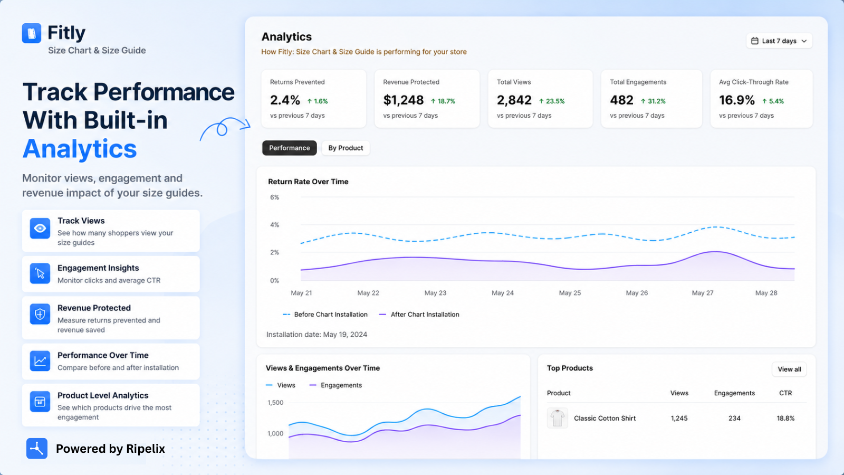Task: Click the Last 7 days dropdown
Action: (779, 41)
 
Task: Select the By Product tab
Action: (346, 148)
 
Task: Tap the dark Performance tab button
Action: (290, 148)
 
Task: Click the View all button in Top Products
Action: (789, 369)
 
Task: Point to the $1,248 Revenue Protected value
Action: (403, 100)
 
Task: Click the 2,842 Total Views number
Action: (514, 100)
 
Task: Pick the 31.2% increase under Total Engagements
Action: (654, 101)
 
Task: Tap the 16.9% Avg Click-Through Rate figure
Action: (736, 100)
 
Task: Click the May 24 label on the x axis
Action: (502, 293)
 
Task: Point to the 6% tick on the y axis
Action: (274, 197)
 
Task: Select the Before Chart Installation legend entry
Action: (325, 315)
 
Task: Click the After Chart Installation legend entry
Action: (419, 315)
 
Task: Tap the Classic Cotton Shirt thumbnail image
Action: (557, 417)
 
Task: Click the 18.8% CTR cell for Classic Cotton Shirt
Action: (785, 418)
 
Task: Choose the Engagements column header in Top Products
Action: (734, 393)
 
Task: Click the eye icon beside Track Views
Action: (40, 228)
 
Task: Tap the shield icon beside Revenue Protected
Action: (40, 313)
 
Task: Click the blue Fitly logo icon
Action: (32, 33)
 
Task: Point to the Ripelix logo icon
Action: (37, 448)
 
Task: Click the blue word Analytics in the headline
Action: (80, 149)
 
